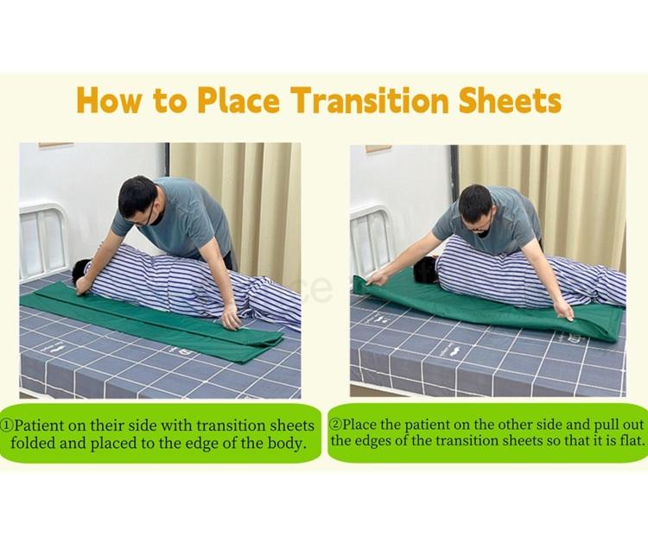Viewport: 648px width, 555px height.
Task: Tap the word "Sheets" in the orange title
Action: (x=510, y=100)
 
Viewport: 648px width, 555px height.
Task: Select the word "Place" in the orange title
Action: (x=238, y=100)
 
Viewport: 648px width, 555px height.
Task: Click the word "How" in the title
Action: (x=108, y=101)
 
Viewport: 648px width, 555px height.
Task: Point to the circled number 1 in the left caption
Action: (x=8, y=426)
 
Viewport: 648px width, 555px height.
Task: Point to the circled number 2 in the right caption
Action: (x=336, y=424)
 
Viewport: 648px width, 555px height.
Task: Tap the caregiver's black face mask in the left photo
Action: (x=157, y=216)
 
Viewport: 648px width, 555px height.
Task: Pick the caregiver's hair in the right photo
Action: (x=475, y=201)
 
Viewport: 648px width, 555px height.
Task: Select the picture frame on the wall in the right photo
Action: (x=378, y=148)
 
